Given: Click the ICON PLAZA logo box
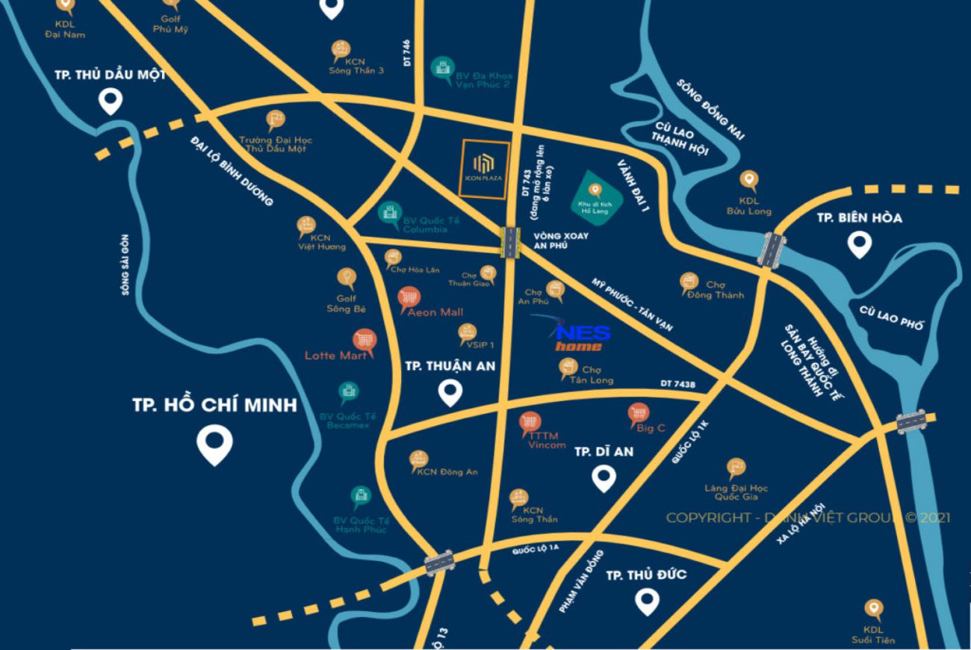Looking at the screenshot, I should click(485, 169).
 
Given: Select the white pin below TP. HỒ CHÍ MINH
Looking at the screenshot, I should click(214, 445).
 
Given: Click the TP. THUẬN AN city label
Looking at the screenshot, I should click(449, 366).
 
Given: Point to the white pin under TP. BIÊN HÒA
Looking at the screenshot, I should click(860, 244).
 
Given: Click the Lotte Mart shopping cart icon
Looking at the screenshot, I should click(364, 341).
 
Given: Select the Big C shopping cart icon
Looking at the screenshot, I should click(638, 412).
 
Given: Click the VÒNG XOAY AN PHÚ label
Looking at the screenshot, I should click(561, 241).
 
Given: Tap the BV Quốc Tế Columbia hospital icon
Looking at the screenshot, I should click(389, 212).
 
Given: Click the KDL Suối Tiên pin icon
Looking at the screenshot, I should click(873, 609).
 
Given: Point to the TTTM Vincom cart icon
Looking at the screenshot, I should click(530, 423).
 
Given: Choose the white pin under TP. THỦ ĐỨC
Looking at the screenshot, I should click(646, 600).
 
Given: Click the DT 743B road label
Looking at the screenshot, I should click(677, 385).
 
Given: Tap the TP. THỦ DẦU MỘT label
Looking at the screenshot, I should click(111, 75).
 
